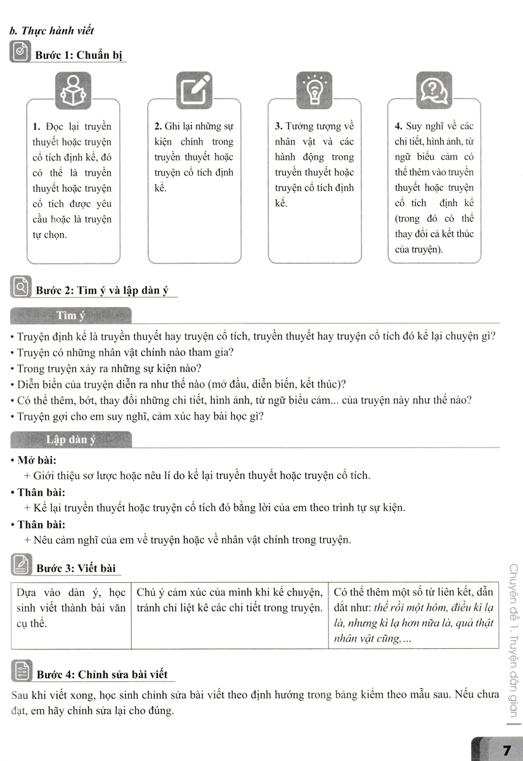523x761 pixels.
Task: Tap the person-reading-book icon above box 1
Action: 73,91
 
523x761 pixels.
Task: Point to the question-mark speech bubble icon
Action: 434,91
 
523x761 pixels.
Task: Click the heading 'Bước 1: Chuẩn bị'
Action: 81,55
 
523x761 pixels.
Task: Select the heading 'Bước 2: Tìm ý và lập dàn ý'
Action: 107,291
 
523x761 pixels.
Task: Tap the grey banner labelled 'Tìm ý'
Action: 71,315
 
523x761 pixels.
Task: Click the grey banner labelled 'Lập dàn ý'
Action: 71,439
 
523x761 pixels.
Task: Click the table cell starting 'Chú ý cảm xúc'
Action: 229,601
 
